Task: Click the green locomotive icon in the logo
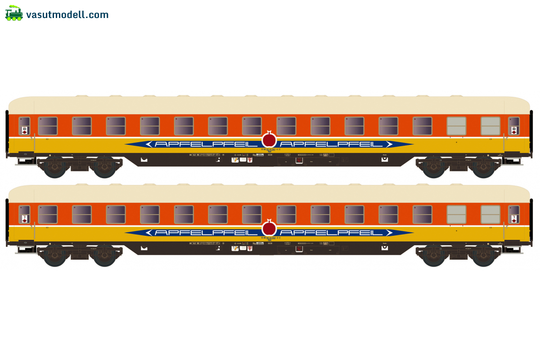[x=14, y=13]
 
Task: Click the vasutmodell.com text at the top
[x=67, y=15]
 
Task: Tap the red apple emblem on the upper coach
[x=269, y=140]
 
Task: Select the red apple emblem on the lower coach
[x=269, y=228]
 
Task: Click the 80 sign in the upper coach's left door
[x=24, y=130]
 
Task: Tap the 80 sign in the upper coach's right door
[x=514, y=130]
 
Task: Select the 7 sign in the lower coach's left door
[x=24, y=219]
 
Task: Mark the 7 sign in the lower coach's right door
[x=514, y=219]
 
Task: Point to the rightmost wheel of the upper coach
[x=483, y=167]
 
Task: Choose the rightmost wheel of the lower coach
[x=483, y=256]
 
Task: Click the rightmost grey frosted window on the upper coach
[x=490, y=126]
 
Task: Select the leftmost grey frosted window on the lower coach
[x=456, y=215]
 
